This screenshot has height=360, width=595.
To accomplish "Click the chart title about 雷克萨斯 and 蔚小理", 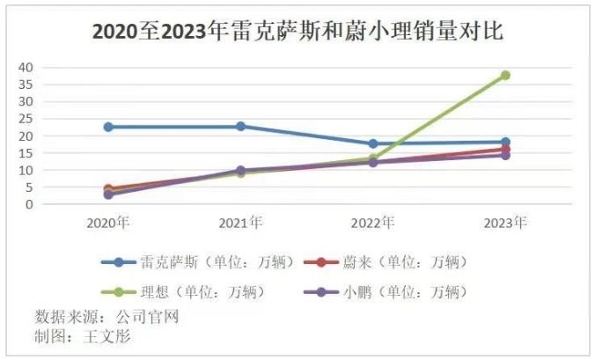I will (x=297, y=33).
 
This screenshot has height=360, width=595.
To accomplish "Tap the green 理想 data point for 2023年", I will (x=505, y=76).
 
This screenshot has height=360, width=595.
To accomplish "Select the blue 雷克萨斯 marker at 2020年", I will (x=108, y=127).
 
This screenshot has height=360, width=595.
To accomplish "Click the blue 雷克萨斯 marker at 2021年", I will (x=240, y=127).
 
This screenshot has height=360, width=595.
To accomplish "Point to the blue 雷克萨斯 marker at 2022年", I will (x=373, y=143).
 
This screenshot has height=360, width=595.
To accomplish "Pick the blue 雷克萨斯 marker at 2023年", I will (x=505, y=142).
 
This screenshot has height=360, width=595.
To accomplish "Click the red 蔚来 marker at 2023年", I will (x=505, y=150).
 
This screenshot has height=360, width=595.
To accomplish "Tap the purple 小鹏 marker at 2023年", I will (x=505, y=156).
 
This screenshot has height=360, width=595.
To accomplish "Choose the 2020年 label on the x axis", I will (x=108, y=224).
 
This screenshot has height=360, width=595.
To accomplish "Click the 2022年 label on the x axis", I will (x=373, y=224).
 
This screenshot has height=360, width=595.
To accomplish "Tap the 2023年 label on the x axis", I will (x=505, y=224).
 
